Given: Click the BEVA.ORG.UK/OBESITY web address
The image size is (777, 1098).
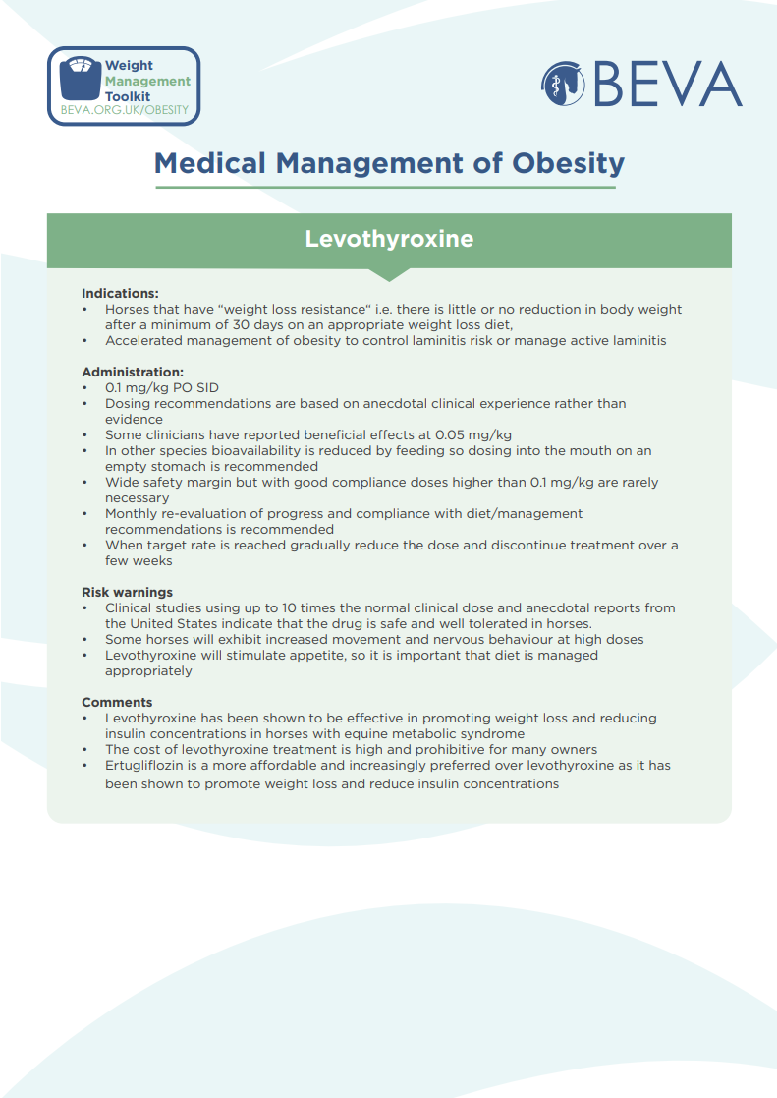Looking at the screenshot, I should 124,110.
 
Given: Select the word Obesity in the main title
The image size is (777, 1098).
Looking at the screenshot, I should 568,163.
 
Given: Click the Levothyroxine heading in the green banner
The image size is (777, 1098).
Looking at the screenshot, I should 389,239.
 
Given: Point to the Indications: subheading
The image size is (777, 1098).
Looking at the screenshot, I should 120,293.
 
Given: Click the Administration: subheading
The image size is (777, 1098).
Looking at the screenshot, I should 133,372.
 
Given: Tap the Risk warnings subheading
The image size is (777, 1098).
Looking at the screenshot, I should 127,592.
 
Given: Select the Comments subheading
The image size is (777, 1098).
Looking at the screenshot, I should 117,702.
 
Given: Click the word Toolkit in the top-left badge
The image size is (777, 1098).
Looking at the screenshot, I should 128,96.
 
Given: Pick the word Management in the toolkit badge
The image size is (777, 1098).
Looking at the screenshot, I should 148,81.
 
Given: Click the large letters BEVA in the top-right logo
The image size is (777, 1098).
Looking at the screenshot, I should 667,85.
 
